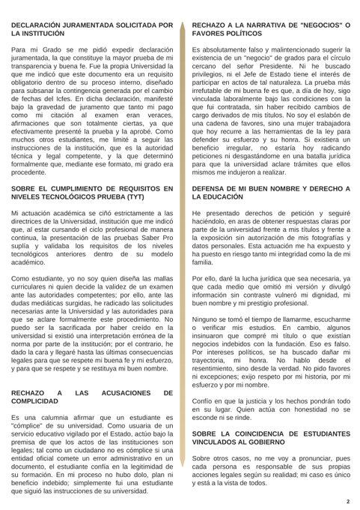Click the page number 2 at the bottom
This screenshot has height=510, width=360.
coord(348,500)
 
